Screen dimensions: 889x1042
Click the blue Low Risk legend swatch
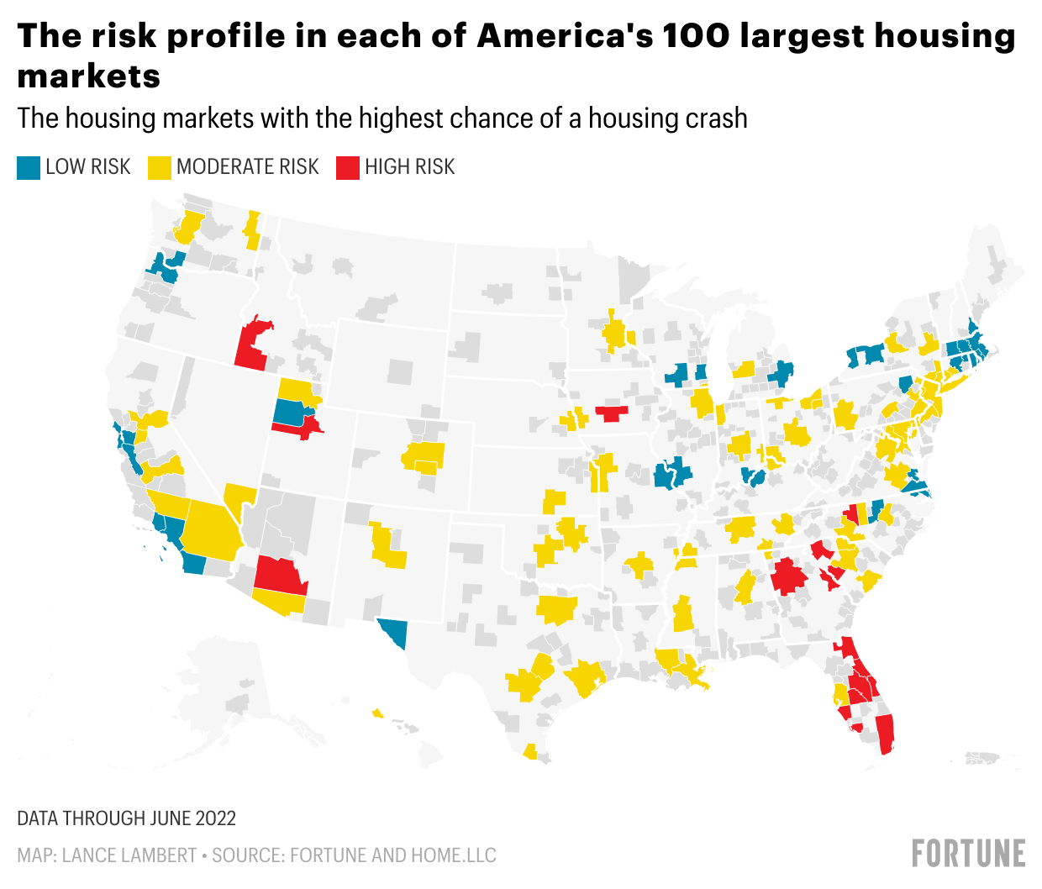click(29, 167)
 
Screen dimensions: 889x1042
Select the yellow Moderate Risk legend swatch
click(160, 167)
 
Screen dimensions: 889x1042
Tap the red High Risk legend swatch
click(348, 167)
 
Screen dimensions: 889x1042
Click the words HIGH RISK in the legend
click(409, 167)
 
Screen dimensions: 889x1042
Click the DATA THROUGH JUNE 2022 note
click(127, 818)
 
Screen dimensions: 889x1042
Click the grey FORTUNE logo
click(969, 853)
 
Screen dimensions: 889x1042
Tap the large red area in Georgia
click(789, 576)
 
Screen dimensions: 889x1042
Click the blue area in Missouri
click(672, 474)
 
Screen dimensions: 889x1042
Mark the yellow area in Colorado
click(424, 456)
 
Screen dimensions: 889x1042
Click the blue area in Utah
click(290, 413)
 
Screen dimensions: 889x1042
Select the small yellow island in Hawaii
click(377, 713)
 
